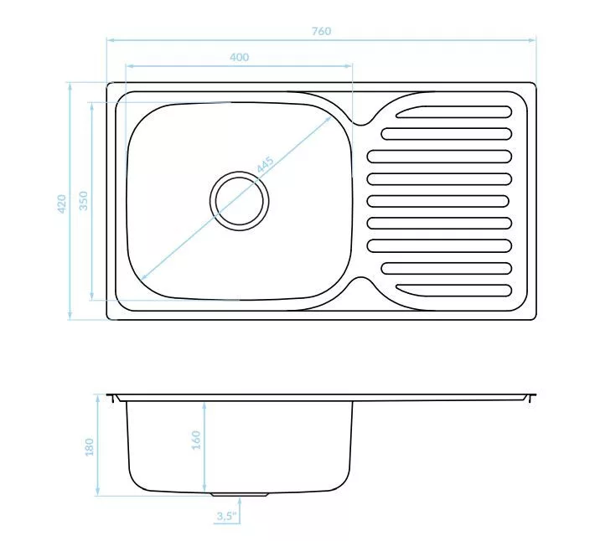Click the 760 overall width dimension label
pyautogui.click(x=322, y=31)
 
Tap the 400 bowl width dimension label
pyautogui.click(x=240, y=57)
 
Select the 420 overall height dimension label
pyautogui.click(x=61, y=204)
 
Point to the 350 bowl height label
pyautogui.click(x=83, y=200)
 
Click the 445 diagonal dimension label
pyautogui.click(x=266, y=165)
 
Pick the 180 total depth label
pyautogui.click(x=89, y=447)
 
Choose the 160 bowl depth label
pyautogui.click(x=196, y=440)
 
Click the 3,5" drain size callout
pyautogui.click(x=226, y=516)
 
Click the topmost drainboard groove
pyautogui.click(x=454, y=112)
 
